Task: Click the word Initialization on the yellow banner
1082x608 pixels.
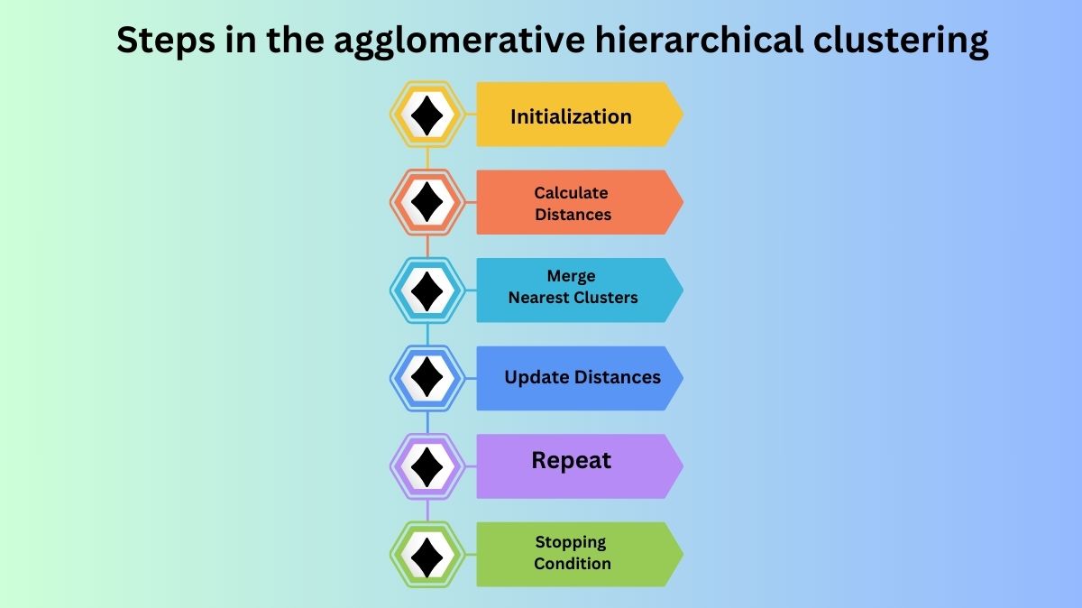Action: click(x=571, y=116)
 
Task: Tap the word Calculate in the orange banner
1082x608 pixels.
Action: click(x=571, y=192)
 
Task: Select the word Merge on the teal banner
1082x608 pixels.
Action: click(x=571, y=276)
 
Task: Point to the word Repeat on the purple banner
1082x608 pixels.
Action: click(x=571, y=460)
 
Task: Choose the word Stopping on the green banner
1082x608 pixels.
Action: click(x=571, y=542)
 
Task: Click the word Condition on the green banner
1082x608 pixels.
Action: click(x=572, y=564)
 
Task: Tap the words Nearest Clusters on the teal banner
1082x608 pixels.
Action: click(x=573, y=298)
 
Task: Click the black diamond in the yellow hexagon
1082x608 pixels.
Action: click(x=426, y=115)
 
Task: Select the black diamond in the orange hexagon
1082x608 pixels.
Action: click(x=426, y=202)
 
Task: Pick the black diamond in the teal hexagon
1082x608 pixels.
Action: click(x=426, y=290)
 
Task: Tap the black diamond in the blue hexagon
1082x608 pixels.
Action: click(x=426, y=378)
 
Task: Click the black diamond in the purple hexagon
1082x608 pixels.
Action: click(x=426, y=466)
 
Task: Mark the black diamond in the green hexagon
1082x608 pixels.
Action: click(x=426, y=554)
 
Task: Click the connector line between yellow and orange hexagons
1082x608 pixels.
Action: click(x=427, y=159)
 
